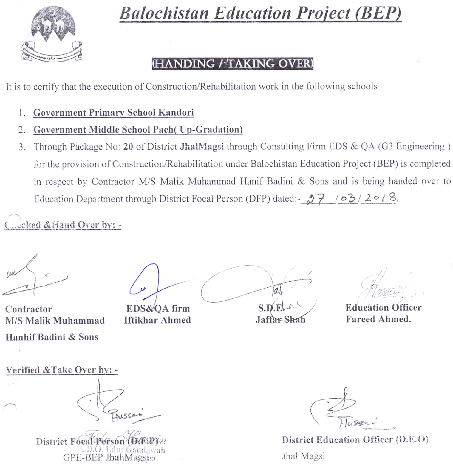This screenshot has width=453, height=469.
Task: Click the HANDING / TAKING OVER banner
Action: (232, 64)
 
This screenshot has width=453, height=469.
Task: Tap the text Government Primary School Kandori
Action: (113, 113)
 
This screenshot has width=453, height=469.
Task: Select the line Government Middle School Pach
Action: (138, 130)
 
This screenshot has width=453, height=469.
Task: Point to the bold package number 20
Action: (128, 147)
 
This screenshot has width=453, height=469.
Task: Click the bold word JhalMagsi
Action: (202, 147)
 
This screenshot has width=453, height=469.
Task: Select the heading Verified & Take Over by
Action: (62, 370)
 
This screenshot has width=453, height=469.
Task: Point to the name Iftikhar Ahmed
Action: (157, 320)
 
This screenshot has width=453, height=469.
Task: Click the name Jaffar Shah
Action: (280, 320)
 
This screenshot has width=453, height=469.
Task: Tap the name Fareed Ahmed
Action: (378, 319)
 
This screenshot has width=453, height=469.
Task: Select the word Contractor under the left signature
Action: (28, 309)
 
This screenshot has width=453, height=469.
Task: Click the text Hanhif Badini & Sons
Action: (52, 337)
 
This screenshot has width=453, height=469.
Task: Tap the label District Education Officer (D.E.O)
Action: (355, 440)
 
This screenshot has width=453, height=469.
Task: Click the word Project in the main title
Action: (323, 13)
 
